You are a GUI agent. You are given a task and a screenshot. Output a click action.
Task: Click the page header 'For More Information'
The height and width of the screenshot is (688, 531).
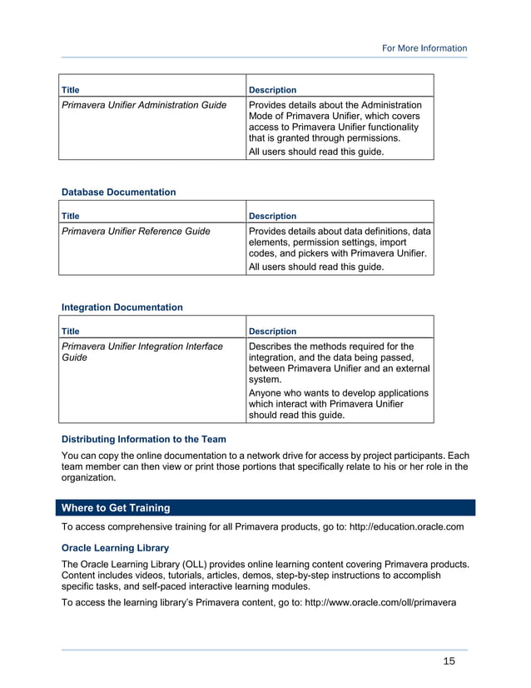(x=424, y=48)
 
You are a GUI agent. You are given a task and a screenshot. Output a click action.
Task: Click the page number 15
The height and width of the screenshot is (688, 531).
(x=449, y=661)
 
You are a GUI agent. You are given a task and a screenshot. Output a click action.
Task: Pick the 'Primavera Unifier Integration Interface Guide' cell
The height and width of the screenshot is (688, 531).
(x=142, y=351)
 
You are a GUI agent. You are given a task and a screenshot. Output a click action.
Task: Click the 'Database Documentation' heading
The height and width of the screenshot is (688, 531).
(x=119, y=192)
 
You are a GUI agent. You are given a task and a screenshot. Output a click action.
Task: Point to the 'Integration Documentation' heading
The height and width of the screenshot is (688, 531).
(x=122, y=307)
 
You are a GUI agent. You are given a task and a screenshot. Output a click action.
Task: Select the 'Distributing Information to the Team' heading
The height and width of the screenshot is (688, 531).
(x=144, y=439)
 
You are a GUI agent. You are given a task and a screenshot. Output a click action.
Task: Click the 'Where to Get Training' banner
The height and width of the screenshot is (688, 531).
(x=117, y=508)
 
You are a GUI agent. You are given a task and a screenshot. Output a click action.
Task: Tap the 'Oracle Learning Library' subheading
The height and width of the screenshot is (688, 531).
(x=116, y=548)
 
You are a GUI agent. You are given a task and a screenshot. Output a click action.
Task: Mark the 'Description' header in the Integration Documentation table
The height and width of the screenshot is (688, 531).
(x=272, y=332)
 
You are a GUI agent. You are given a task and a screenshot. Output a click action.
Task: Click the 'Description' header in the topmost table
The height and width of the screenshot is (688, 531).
(x=272, y=90)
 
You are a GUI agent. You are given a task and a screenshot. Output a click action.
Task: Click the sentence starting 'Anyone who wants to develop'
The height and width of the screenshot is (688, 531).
(x=339, y=404)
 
